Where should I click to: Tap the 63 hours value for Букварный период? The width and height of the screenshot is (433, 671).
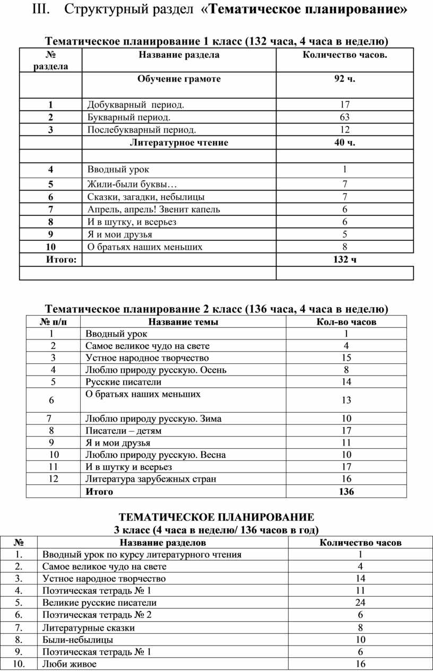344,117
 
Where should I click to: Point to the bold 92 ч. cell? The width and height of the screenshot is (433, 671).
344,79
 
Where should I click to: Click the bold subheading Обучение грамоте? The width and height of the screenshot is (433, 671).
179,79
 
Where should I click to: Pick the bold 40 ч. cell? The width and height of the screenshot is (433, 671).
344,143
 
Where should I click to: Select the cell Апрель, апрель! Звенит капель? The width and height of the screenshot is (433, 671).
154,210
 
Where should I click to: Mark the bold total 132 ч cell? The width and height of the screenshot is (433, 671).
344,259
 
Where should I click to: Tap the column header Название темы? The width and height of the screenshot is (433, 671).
183,322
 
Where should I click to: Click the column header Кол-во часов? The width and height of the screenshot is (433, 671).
346,322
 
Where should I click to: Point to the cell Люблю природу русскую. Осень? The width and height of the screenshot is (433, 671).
156,370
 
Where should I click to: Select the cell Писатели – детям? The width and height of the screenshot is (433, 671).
123,431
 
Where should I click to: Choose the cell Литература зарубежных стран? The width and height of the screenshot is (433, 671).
151,479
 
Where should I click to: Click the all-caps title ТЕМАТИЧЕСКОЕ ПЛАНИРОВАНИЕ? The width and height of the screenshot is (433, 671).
216,517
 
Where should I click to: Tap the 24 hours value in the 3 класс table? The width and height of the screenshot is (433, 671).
360,603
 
